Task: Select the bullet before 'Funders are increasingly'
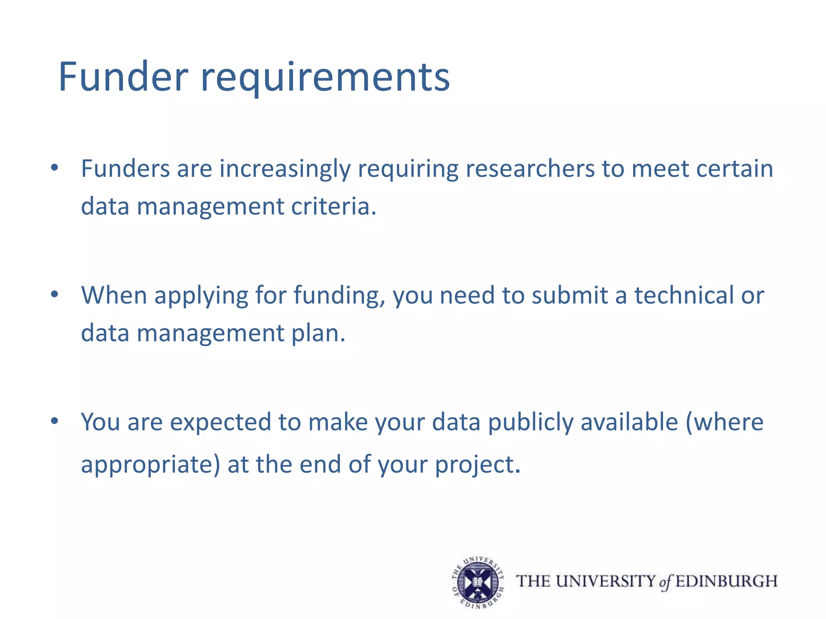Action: click(x=55, y=168)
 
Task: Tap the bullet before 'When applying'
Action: click(x=55, y=295)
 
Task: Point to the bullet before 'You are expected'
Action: click(x=55, y=421)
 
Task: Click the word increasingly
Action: click(x=285, y=169)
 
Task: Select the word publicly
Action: click(x=530, y=423)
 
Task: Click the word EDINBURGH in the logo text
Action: click(x=726, y=582)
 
